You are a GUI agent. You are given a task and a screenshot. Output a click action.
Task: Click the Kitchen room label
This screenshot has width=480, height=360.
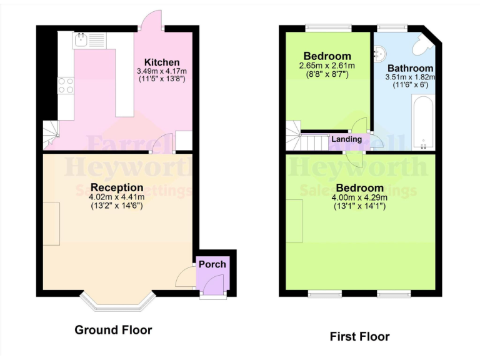162,62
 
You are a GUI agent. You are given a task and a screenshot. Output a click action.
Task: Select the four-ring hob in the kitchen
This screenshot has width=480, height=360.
66,85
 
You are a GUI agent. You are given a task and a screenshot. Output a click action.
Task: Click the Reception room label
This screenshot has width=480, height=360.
117,187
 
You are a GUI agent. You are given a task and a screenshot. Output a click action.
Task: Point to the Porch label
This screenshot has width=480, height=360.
212,264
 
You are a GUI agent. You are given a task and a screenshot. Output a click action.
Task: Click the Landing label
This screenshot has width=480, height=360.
346,139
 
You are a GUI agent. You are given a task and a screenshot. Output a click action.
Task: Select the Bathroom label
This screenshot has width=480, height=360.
410,68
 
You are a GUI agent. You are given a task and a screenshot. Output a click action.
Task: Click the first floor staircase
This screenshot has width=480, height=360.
305,137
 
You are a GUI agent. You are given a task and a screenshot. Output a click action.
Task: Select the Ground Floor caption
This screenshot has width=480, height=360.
113,329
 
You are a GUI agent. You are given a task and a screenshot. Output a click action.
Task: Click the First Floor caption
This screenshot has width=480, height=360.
359,336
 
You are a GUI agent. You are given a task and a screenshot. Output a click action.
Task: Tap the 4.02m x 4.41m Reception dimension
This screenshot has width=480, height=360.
117,197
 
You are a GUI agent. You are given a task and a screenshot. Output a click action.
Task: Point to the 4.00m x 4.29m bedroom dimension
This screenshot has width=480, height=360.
359,197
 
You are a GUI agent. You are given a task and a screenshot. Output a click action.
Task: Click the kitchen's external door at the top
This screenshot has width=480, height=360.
151,21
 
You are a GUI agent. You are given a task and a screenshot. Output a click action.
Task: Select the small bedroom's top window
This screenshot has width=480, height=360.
328,27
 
